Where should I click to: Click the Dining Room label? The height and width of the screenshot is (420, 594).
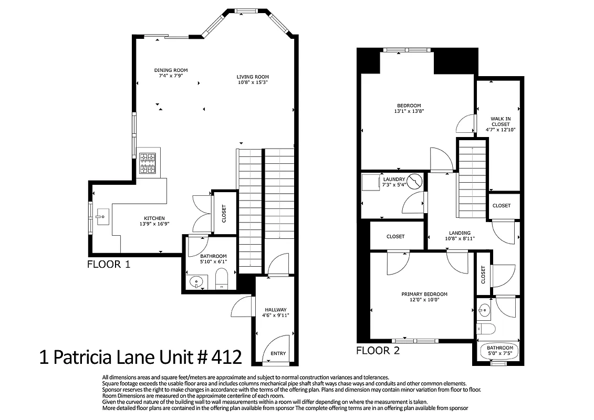(171, 70)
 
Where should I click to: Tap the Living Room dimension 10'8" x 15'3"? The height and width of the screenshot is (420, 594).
(253, 82)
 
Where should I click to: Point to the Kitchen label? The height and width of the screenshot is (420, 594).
(154, 218)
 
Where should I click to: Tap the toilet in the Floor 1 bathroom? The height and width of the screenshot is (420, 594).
(221, 279)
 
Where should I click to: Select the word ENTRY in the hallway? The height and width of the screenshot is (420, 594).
(278, 353)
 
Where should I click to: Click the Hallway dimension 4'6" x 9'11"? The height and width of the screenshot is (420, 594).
(276, 316)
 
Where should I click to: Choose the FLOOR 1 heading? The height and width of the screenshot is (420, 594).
(108, 264)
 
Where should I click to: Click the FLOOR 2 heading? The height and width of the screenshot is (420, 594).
(378, 350)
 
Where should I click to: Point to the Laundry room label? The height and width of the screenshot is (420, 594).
(394, 179)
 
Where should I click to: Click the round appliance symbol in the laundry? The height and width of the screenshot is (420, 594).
(415, 182)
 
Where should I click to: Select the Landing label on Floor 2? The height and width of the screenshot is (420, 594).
(460, 233)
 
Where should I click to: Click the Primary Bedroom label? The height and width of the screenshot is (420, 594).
(424, 294)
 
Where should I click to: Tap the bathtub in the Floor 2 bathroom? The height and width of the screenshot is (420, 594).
(499, 351)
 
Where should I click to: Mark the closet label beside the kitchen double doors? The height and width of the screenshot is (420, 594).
(224, 213)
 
